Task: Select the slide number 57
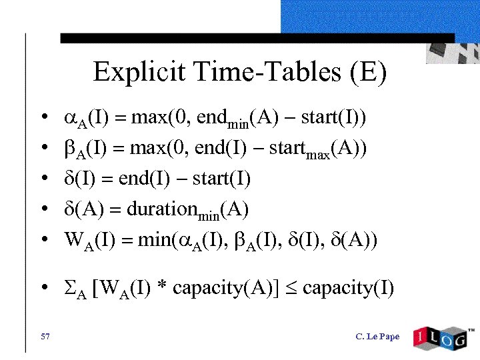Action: click(x=45, y=336)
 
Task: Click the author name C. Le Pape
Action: click(x=377, y=336)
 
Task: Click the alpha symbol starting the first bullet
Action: click(x=71, y=119)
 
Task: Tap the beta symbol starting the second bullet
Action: click(x=69, y=149)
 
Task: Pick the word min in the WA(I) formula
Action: click(x=152, y=239)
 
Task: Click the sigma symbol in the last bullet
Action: click(x=69, y=287)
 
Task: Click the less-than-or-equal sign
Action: click(x=289, y=287)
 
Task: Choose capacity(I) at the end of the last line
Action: click(x=348, y=288)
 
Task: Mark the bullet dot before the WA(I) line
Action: click(x=42, y=240)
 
